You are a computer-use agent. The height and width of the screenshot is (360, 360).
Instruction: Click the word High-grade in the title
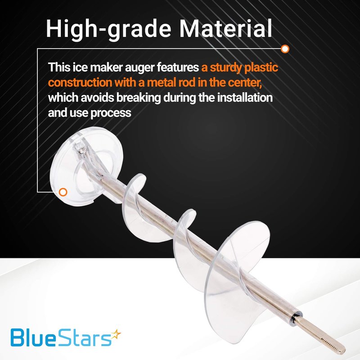pos(108,29)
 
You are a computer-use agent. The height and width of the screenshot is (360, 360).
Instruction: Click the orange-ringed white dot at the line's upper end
pos(285,49)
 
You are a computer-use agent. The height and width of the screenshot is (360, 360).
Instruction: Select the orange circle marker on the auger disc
pos(63,192)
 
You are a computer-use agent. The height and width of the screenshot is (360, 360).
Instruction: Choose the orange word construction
pos(80,82)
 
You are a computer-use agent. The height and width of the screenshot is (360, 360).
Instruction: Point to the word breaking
pos(139,98)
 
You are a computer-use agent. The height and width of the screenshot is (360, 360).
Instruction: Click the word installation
pos(245,97)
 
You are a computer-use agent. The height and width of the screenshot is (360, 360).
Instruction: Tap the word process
pos(111,113)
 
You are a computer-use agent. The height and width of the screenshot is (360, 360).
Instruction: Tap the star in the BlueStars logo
pos(116,334)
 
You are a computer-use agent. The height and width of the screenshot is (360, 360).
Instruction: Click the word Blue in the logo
pos(33,337)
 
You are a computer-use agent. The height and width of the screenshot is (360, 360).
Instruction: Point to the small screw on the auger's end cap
pos(81,149)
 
